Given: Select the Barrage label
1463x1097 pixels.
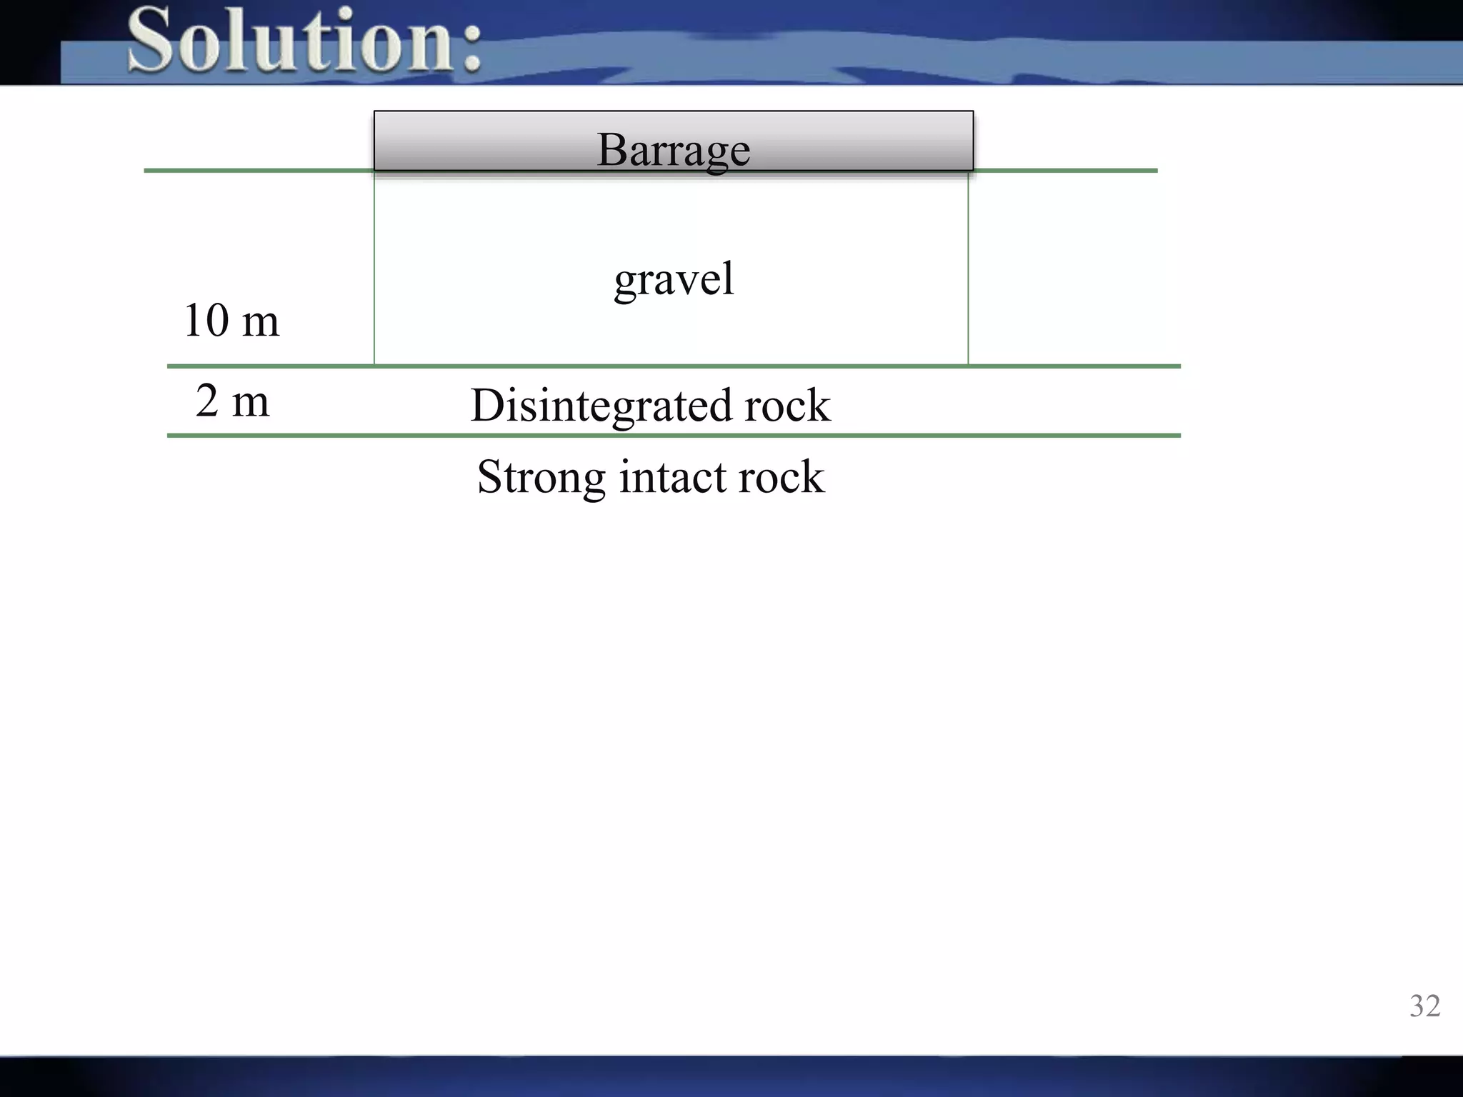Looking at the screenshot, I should (x=673, y=149).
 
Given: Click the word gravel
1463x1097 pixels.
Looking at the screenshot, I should (x=674, y=278).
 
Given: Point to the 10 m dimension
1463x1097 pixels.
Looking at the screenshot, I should (x=231, y=320).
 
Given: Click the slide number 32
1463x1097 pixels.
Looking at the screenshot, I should (x=1424, y=1006).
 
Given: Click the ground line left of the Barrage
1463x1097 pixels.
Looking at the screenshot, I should (x=257, y=171).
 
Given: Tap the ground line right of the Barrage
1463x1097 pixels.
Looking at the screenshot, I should (x=1064, y=171).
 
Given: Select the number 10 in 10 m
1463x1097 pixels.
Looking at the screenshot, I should (x=206, y=320).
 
